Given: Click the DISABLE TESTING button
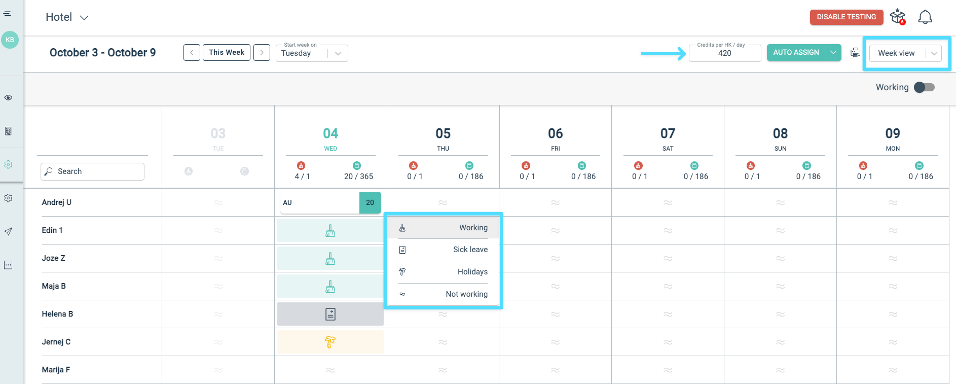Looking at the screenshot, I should coord(846,17).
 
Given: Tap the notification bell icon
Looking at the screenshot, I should coord(925,17).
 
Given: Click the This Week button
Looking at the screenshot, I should coord(226,52).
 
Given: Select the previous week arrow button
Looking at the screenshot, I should coord(192,52).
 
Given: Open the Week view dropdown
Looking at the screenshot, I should coord(905,53).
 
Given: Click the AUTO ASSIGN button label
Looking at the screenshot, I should coord(796,52).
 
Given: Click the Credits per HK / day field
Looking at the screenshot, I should coord(724,53).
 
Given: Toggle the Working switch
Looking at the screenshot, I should coord(924,87).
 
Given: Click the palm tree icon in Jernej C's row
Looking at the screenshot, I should coord(330,342).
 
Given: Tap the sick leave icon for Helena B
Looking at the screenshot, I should coord(330,314).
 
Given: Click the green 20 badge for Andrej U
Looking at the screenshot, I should coord(370,202).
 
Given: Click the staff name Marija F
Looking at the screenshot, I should coord(56,370).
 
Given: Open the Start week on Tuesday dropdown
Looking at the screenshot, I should coord(312,53).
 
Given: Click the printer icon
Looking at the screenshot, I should coord(855,53).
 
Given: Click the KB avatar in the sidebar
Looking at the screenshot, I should coord(10,40).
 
